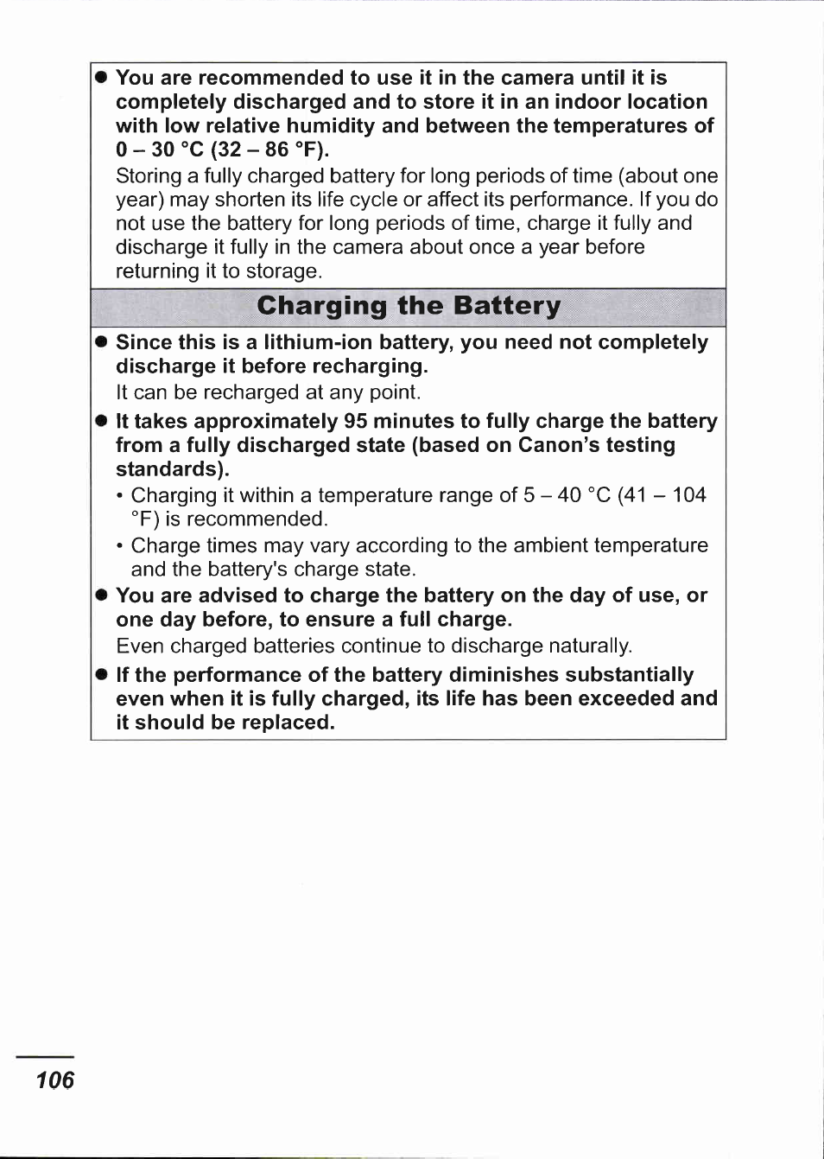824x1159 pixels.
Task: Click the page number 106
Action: pyautogui.click(x=55, y=1079)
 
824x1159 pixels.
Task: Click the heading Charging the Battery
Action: pyautogui.click(x=409, y=306)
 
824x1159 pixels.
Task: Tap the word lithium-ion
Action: pyautogui.click(x=314, y=342)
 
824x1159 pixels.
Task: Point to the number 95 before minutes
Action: pyautogui.click(x=356, y=421)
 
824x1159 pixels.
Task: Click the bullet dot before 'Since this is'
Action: pyautogui.click(x=101, y=342)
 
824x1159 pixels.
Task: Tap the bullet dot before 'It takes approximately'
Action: pyautogui.click(x=101, y=421)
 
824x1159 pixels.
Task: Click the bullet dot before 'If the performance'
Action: pyautogui.click(x=101, y=674)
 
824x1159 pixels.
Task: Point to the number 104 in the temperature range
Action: pyautogui.click(x=689, y=495)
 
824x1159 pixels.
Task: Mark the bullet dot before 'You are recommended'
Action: pyautogui.click(x=101, y=78)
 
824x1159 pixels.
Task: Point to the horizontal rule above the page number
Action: pyautogui.click(x=45, y=1056)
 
